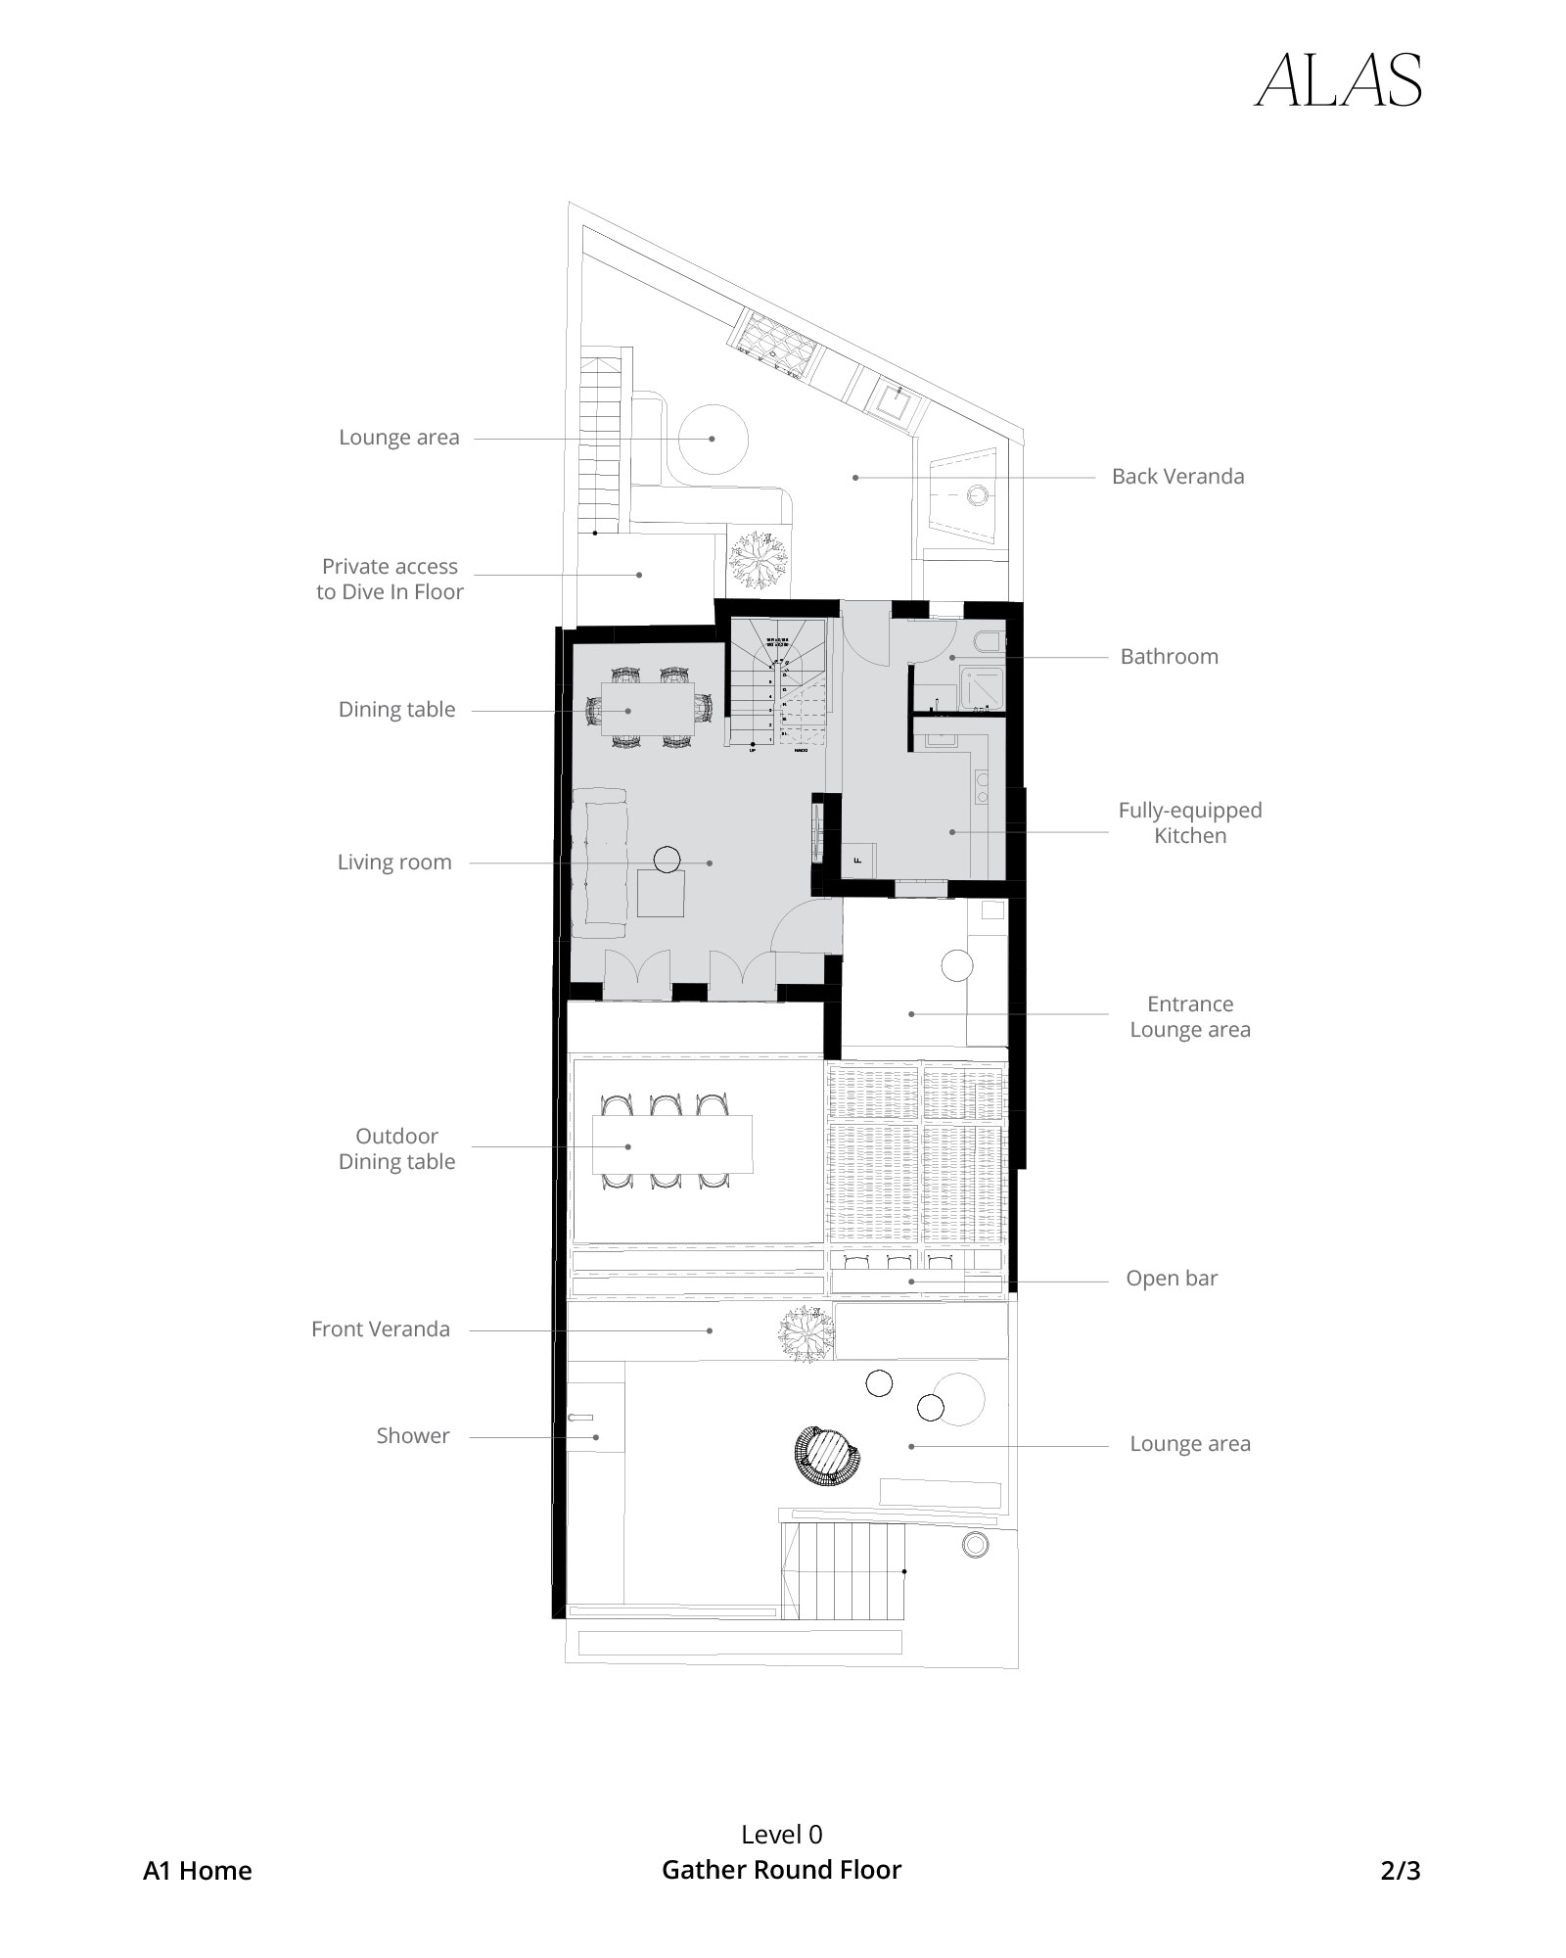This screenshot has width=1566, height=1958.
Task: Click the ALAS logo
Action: tap(1338, 80)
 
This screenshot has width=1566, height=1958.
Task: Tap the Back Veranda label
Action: tap(1177, 477)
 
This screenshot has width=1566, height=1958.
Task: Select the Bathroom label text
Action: tap(1169, 657)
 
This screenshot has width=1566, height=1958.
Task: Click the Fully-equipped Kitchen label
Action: tap(1189, 822)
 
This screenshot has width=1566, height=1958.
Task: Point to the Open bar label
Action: tap(1171, 1279)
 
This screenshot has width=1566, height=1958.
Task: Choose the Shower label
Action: tap(412, 1436)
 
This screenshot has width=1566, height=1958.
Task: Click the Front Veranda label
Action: tap(380, 1329)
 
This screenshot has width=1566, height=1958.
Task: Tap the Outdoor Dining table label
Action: tap(396, 1148)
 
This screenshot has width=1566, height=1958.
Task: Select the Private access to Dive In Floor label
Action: tap(390, 579)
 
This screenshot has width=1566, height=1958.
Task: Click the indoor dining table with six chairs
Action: tap(647, 709)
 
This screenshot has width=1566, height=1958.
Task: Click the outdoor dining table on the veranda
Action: tap(671, 1143)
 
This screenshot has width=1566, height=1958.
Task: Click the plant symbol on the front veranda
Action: tap(806, 1330)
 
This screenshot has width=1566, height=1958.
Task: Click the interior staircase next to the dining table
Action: tap(779, 685)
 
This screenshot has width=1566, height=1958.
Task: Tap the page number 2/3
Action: tap(1400, 1871)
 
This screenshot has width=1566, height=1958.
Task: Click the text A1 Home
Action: tap(198, 1871)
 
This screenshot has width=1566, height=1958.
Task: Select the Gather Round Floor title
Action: tap(781, 1870)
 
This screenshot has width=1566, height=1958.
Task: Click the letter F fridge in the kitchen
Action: tap(858, 861)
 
